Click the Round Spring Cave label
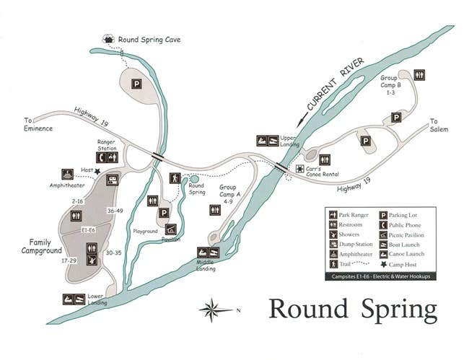coord(149,40)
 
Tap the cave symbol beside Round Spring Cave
coord(110,39)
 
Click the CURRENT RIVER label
coord(333,85)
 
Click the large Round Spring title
coord(353,309)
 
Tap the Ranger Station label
coord(107,144)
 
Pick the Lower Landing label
coord(97,299)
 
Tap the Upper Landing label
coord(289,141)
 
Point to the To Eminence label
coord(38,124)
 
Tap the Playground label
coord(145,231)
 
